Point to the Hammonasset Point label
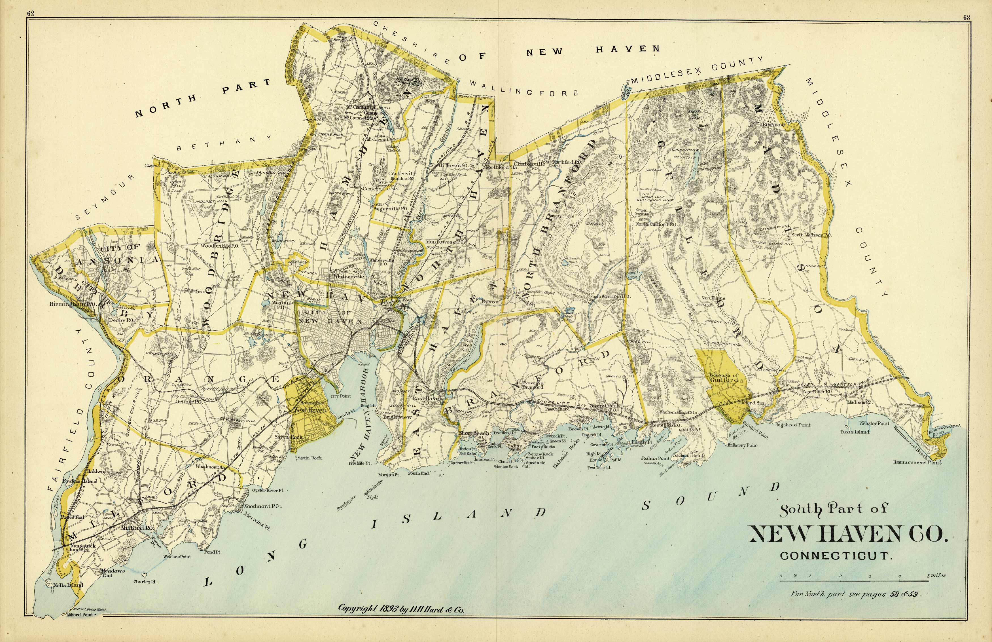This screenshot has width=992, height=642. pos(917,462)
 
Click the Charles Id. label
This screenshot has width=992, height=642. pos(145,582)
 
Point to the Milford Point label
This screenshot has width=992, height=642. pos(80,614)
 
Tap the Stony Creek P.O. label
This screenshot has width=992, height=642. pos(604,407)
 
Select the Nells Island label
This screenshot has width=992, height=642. pos(69,585)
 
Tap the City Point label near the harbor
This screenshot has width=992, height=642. pos(340,396)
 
